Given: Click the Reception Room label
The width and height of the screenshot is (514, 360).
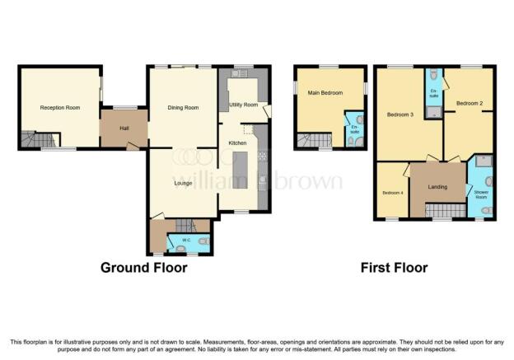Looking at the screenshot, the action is click(60, 108).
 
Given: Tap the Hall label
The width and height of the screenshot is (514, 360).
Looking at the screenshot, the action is click(124, 129).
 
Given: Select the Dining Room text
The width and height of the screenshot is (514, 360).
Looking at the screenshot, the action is click(183, 108).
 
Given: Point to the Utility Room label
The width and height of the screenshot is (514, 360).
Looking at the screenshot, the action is click(244, 105).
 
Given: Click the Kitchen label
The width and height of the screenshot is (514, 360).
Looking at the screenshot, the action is click(237, 143).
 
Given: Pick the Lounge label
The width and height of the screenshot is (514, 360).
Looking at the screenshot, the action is click(183, 183).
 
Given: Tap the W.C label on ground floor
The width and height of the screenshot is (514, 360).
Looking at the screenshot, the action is click(186, 240).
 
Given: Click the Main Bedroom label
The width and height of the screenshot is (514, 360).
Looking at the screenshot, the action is click(325, 93).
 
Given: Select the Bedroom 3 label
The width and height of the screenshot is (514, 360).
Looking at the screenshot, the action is click(400, 115).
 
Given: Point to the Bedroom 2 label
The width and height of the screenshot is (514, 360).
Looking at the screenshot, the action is click(470, 103).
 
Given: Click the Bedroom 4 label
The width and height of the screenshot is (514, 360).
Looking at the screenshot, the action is click(393, 193).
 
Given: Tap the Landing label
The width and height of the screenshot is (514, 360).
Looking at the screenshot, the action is click(437, 187).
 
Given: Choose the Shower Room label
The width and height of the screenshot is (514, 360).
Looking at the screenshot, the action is click(481, 194).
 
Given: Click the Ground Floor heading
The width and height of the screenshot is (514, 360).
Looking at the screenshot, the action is click(144, 268).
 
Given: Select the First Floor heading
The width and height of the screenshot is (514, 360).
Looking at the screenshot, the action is click(394, 268).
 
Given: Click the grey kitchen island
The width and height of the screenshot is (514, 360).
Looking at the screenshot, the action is click(240, 171).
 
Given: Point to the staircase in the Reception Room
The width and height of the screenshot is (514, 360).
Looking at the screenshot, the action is click(39, 139).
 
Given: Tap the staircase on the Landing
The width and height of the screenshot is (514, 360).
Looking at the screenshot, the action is click(446, 210).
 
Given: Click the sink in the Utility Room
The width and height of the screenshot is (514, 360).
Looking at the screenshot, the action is click(240, 73).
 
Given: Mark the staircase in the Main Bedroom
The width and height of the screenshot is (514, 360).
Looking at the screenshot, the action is click(315, 140).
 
